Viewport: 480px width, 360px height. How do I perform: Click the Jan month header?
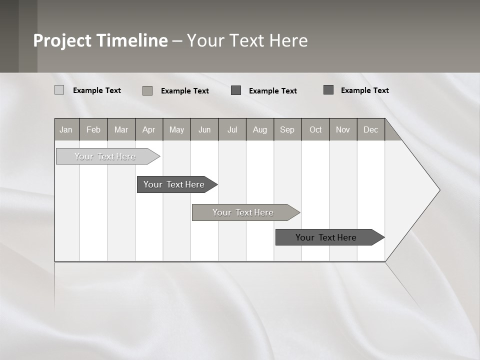(x=66, y=129)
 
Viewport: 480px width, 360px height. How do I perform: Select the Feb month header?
(x=93, y=129)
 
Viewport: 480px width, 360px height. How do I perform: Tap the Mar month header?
(x=121, y=129)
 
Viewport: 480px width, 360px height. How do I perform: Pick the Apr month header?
(x=149, y=129)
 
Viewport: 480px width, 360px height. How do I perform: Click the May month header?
(x=176, y=129)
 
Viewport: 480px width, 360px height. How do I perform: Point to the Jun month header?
(x=204, y=129)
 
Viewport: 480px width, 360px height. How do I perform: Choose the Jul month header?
(x=232, y=129)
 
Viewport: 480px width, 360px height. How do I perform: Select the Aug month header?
(x=260, y=129)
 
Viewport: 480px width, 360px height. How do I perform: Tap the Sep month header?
(x=287, y=129)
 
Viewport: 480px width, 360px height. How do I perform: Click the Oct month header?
(x=315, y=129)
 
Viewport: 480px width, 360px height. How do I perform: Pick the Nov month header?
(x=343, y=129)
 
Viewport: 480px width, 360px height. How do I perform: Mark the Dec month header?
(x=371, y=129)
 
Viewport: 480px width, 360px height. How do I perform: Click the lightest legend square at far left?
(x=59, y=90)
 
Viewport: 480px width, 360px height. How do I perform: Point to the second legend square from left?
(x=147, y=90)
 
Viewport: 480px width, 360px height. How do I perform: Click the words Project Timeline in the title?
(x=100, y=40)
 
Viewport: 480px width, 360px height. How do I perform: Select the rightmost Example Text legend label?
(x=364, y=90)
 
